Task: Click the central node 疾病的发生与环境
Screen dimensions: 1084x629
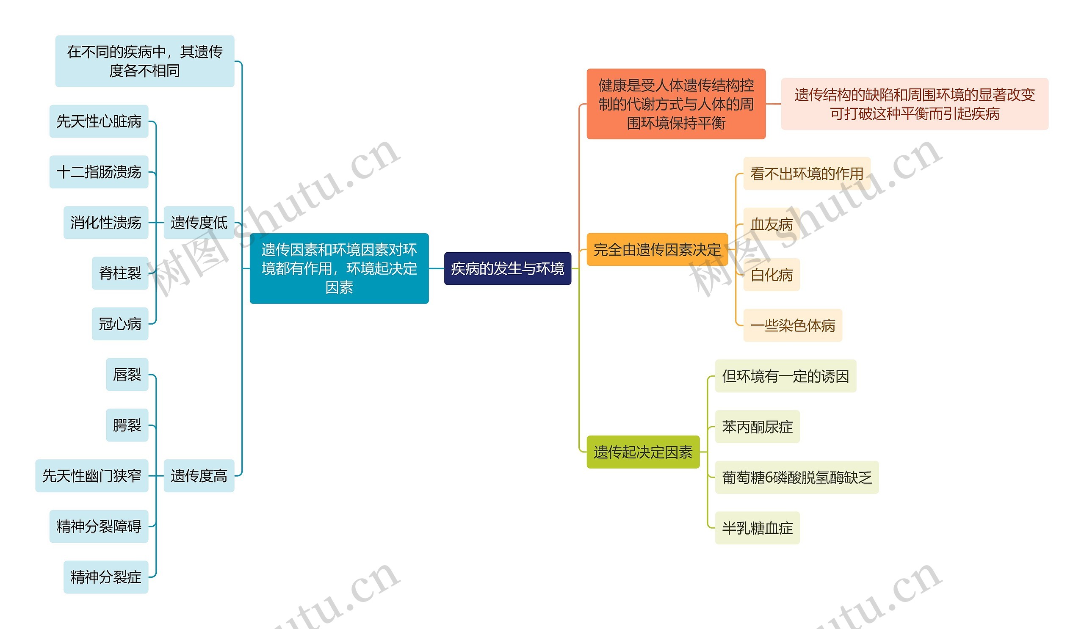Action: (x=507, y=268)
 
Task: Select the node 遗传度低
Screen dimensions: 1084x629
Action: (x=199, y=222)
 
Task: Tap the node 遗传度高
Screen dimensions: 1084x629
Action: (x=199, y=475)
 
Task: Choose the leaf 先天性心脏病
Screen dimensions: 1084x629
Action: (x=99, y=121)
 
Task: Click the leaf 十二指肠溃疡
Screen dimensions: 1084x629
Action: (x=99, y=172)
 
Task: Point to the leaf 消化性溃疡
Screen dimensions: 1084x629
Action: (x=106, y=222)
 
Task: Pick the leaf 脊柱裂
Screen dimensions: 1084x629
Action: (x=120, y=273)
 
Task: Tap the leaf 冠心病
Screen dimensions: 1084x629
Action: (x=120, y=324)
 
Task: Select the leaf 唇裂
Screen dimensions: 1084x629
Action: (x=127, y=375)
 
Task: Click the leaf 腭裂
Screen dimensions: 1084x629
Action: (x=127, y=425)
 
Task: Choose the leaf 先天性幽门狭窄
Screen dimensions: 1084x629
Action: (x=91, y=475)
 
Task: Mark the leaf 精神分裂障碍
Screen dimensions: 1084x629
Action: (x=99, y=526)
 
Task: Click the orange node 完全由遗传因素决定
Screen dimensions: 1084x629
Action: (x=657, y=249)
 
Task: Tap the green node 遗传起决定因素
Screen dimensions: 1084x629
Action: (x=643, y=452)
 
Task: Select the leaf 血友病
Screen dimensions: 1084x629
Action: (x=771, y=224)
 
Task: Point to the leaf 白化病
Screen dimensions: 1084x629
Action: (x=771, y=275)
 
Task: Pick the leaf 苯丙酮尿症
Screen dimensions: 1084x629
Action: (x=757, y=427)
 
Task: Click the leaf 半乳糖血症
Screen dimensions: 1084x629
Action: (x=757, y=528)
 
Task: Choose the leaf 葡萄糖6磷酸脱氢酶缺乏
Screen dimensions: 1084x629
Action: (x=796, y=477)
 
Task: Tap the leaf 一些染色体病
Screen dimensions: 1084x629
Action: (x=792, y=326)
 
